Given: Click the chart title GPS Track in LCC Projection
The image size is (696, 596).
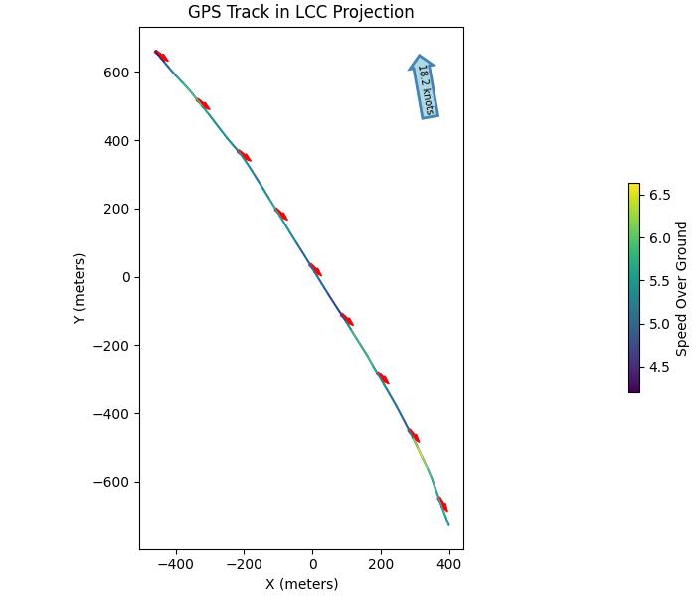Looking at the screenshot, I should pos(300,12).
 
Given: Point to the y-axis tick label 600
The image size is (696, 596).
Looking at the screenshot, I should pos(118,73).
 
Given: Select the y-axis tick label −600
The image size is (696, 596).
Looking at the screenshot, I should pos(113,483).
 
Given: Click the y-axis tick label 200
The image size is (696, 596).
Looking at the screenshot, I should pos(118,209).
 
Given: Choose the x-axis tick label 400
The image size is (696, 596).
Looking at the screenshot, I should pos(449,564).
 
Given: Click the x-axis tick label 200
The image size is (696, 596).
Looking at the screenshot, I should pos(381,564).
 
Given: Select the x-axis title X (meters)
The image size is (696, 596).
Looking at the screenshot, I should pos(301,584).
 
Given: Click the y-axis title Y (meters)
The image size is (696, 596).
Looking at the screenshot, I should pos(80,287).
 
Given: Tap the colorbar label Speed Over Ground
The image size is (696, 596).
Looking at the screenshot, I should pos(682,288).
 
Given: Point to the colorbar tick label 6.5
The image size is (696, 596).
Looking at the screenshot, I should pos(660,195).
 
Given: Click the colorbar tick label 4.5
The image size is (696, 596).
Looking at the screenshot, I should pos(660,367).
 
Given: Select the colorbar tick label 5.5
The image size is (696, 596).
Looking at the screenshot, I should pos(660,281).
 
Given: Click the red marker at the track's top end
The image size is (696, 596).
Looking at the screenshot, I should pos(161,56).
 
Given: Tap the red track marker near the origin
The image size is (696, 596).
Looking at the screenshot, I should pos(315,269).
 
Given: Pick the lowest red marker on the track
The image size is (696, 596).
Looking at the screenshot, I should pos(442,504).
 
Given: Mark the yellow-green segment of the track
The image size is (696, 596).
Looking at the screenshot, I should pos(422,453).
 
